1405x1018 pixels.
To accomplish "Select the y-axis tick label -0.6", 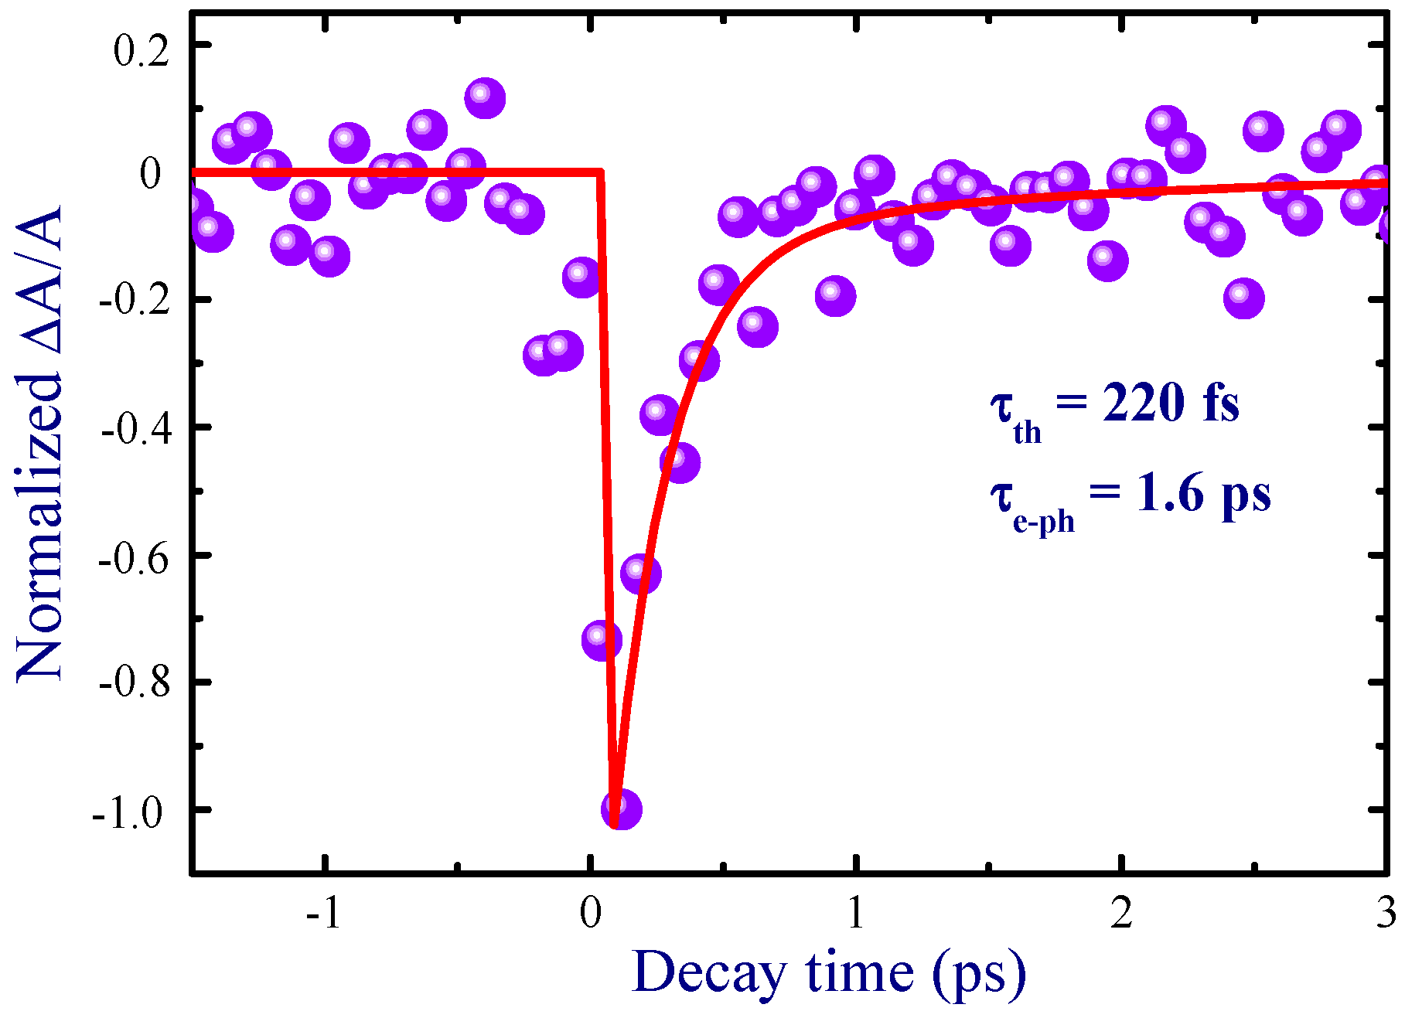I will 133,559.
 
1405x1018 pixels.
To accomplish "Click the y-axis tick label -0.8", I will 133,686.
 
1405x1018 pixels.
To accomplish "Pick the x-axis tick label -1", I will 324,914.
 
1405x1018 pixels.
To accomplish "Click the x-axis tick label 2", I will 1121,914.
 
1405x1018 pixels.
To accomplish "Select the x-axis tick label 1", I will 855,914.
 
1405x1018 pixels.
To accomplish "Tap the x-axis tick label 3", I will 1386,914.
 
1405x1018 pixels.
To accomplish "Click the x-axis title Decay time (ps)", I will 828,972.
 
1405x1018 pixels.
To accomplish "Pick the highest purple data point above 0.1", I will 485,98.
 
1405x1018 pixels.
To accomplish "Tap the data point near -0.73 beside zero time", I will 602,640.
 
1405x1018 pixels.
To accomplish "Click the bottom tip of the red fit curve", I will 615,824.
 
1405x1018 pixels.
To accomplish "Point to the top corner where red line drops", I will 601,172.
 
